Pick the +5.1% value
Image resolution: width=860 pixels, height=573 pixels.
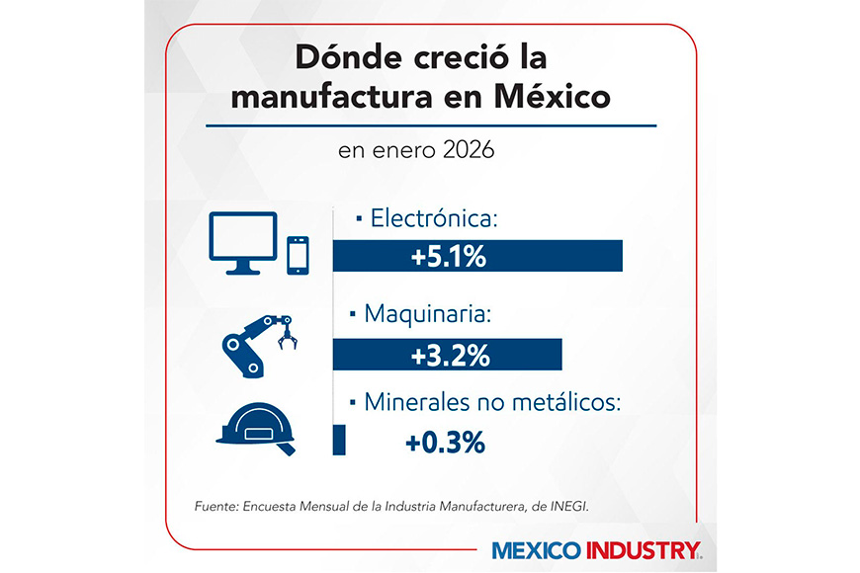[x=449, y=257]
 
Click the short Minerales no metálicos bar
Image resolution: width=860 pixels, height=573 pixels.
[x=339, y=440]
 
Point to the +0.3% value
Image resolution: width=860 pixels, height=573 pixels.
[x=445, y=442]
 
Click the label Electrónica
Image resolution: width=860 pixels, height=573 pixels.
[x=433, y=217]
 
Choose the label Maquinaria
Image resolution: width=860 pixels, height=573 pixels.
[x=426, y=315]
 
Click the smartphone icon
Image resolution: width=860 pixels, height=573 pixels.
[x=299, y=254]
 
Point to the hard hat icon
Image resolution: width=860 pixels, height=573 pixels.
[x=254, y=427]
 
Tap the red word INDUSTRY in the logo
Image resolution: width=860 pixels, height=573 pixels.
[x=646, y=550]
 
